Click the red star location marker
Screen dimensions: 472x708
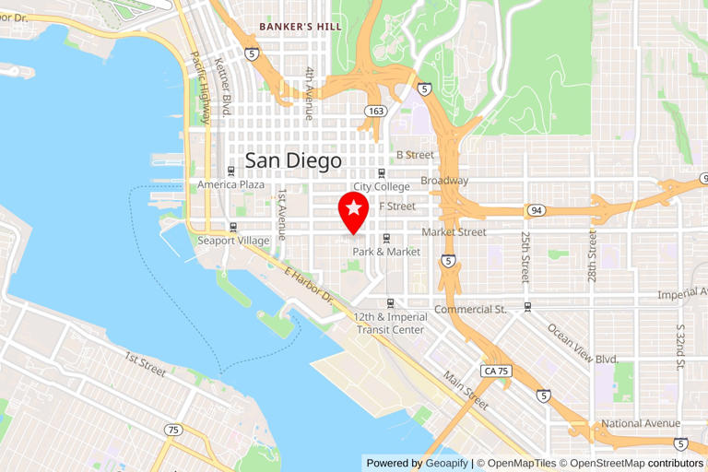pos(354,211)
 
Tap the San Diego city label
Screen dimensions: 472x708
pos(293,160)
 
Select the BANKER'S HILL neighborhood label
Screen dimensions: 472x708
pos(301,27)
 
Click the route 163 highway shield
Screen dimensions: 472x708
pos(375,111)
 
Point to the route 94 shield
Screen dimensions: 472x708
pos(536,211)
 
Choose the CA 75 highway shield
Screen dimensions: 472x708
pos(496,371)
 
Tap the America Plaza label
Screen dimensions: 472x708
pos(230,184)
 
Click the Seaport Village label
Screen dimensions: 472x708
pos(233,241)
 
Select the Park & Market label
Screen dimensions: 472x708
pos(386,252)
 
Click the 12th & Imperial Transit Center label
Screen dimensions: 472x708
pos(391,324)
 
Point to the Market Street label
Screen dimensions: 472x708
pos(454,232)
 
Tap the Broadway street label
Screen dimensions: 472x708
pos(444,181)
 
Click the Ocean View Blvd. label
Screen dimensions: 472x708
pos(582,344)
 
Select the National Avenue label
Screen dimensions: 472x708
pos(635,424)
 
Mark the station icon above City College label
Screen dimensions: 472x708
pos(381,173)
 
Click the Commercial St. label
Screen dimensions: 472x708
pos(470,309)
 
